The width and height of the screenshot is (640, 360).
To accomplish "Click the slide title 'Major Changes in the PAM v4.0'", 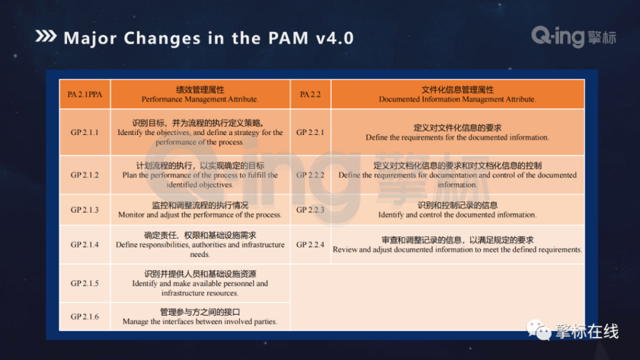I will point(208,38).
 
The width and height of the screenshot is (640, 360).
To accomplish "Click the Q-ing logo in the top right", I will point(573,37).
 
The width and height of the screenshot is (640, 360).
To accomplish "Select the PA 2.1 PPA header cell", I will point(84,94).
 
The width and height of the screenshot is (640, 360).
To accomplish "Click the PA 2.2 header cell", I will point(310,94).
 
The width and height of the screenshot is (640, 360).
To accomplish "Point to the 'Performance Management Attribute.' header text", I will point(200,99).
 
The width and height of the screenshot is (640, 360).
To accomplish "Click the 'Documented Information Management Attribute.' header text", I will point(457,99).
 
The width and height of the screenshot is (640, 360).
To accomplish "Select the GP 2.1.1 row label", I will point(84,132).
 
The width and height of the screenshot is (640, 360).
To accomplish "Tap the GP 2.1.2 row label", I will point(84,175).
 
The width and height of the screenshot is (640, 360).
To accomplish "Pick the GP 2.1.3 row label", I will point(84,210).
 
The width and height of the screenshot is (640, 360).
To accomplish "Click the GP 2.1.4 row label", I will point(84,244).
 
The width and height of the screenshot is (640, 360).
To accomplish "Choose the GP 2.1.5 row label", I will point(84,283).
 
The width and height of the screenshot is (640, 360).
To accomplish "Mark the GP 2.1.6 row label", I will point(84,317).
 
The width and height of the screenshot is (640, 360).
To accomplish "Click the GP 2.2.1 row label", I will point(310,132).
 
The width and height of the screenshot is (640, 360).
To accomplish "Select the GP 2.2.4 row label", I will point(310,244).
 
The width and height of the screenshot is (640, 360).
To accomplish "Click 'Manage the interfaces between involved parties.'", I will point(200,322).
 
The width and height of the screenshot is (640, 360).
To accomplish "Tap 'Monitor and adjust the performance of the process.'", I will point(200,215).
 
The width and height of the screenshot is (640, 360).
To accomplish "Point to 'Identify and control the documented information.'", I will point(457,215).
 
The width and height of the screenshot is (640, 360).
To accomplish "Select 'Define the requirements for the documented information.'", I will point(457,137).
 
